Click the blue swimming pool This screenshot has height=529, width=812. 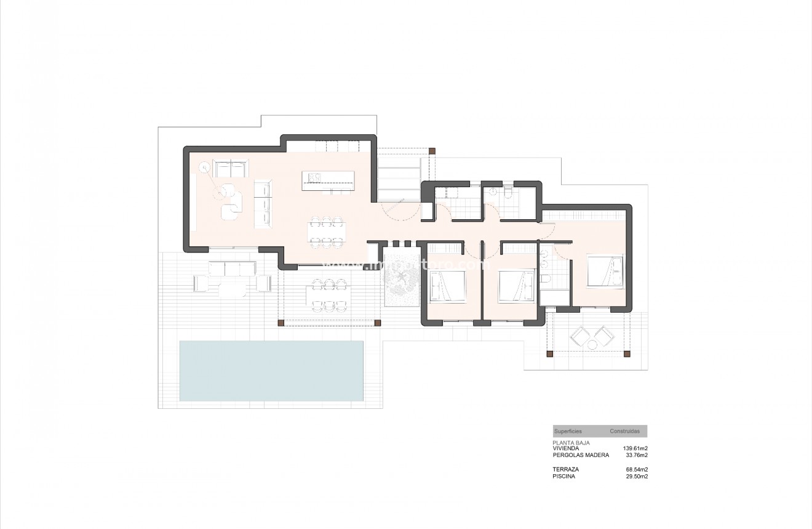tap(271, 371)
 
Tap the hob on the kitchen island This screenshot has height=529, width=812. tap(314, 177)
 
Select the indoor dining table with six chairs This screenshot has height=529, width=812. tap(327, 231)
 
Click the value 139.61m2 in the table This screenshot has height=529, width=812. tap(635, 448)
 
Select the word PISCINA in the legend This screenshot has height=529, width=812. tap(564, 476)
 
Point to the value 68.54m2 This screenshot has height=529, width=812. tap(637, 469)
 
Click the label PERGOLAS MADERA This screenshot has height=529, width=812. tap(581, 455)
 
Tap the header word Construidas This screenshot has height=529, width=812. tap(624, 431)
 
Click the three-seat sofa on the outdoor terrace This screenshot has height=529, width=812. tap(232, 269)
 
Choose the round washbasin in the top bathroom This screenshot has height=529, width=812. tap(492, 192)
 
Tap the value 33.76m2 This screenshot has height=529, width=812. tap(637, 455)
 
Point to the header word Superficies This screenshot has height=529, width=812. tap(567, 431)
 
